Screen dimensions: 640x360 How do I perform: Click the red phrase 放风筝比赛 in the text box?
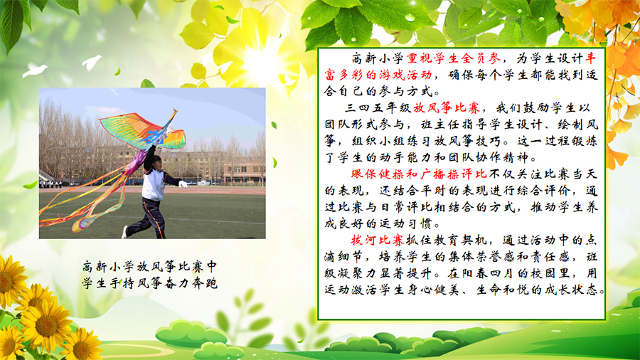click(x=446, y=107)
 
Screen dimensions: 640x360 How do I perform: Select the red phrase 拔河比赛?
click(x=378, y=240)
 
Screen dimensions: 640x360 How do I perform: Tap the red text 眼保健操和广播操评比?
click(x=419, y=174)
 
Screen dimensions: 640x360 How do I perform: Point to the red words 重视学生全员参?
click(x=454, y=58)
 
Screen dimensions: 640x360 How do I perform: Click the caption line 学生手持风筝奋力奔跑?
click(x=149, y=283)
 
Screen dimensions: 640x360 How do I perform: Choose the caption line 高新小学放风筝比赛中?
click(x=149, y=267)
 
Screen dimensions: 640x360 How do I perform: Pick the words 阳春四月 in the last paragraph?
click(x=489, y=273)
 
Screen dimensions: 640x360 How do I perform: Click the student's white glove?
click(x=183, y=184)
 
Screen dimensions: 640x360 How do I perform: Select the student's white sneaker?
click(x=124, y=232)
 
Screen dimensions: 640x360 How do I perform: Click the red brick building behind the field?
click(x=244, y=173)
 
